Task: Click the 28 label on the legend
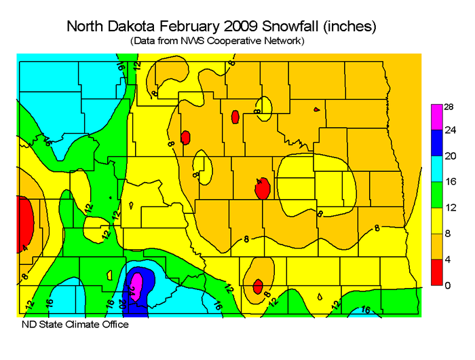449,106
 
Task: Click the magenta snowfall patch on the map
136,283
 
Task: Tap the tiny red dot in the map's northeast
316,109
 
